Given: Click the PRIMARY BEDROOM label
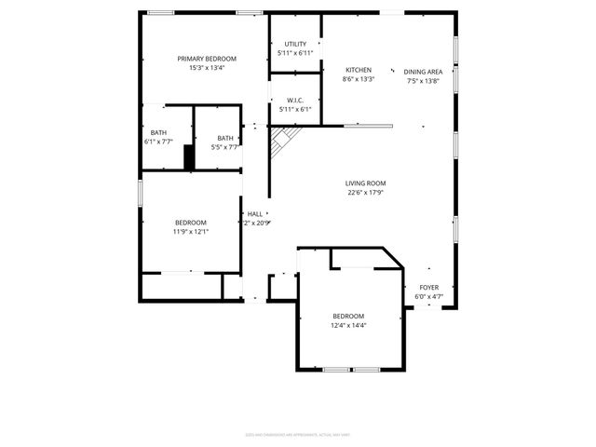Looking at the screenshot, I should pyautogui.click(x=207, y=59).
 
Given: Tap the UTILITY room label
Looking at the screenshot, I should pyautogui.click(x=295, y=44).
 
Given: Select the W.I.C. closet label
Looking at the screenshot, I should pyautogui.click(x=295, y=101).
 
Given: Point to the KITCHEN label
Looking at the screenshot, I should pyautogui.click(x=359, y=70).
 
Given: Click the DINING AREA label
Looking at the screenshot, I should pyautogui.click(x=423, y=70).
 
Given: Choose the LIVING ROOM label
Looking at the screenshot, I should pyautogui.click(x=366, y=183).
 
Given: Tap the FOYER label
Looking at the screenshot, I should pyautogui.click(x=428, y=288).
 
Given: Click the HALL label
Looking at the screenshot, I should pyautogui.click(x=254, y=214).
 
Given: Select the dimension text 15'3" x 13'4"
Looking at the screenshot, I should pyautogui.click(x=207, y=68).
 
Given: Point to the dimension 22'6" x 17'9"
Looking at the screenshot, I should pyautogui.click(x=366, y=193).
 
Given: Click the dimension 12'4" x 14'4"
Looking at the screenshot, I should pyautogui.click(x=348, y=325).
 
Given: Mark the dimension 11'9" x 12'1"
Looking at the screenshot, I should pyautogui.click(x=191, y=231).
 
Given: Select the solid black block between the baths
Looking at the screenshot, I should pyautogui.click(x=189, y=157).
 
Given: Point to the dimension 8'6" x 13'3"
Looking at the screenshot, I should pyautogui.click(x=359, y=79).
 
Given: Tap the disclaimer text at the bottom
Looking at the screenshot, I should pyautogui.click(x=297, y=433).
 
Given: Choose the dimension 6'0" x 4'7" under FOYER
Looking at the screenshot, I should pyautogui.click(x=428, y=297).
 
